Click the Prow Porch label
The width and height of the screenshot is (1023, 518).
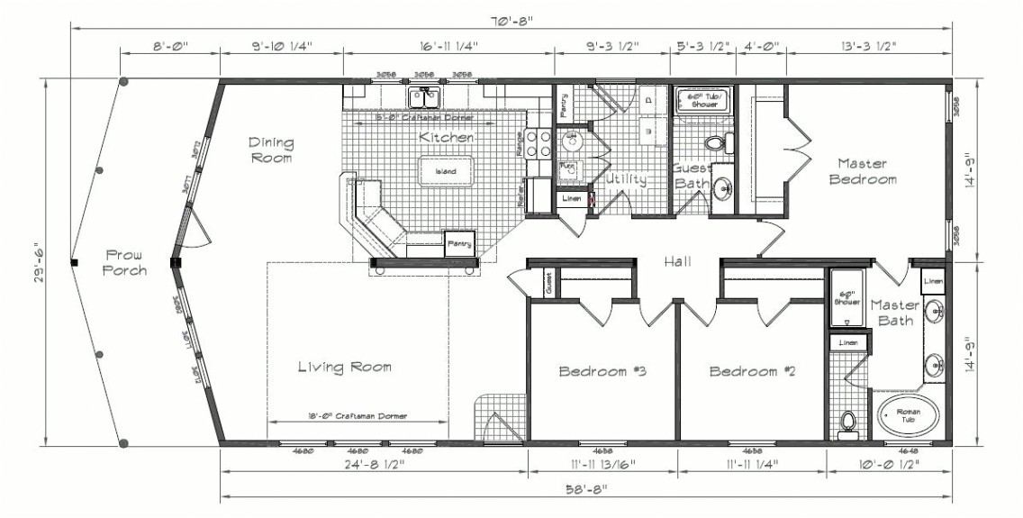coord(124,262)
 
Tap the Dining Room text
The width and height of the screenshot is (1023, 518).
coord(271,150)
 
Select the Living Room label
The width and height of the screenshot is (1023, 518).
coord(345,367)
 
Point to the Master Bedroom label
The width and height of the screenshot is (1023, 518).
coord(867,171)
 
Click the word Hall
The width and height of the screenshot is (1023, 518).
coord(677,261)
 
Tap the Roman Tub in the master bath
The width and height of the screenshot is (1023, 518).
coord(908,414)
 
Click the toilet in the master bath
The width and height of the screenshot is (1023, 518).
coord(846,423)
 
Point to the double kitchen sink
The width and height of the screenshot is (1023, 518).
coord(423,95)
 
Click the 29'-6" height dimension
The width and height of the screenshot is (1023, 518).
coord(37,262)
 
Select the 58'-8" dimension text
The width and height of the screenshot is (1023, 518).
coord(586,489)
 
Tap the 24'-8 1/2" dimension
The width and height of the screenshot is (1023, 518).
coord(375,466)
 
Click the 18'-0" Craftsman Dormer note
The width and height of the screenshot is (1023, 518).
coord(358,416)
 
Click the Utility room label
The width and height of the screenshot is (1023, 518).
coord(626,179)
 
